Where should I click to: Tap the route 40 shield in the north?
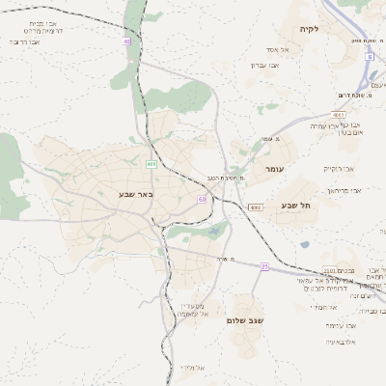point(126,41)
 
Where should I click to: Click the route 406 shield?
point(152,164)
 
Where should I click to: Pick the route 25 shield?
point(263,265)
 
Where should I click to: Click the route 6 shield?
point(369,57)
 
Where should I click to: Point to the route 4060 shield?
point(255,207)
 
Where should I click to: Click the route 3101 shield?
point(330,271)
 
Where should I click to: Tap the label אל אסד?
point(278,48)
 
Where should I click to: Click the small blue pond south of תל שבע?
point(305,244)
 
